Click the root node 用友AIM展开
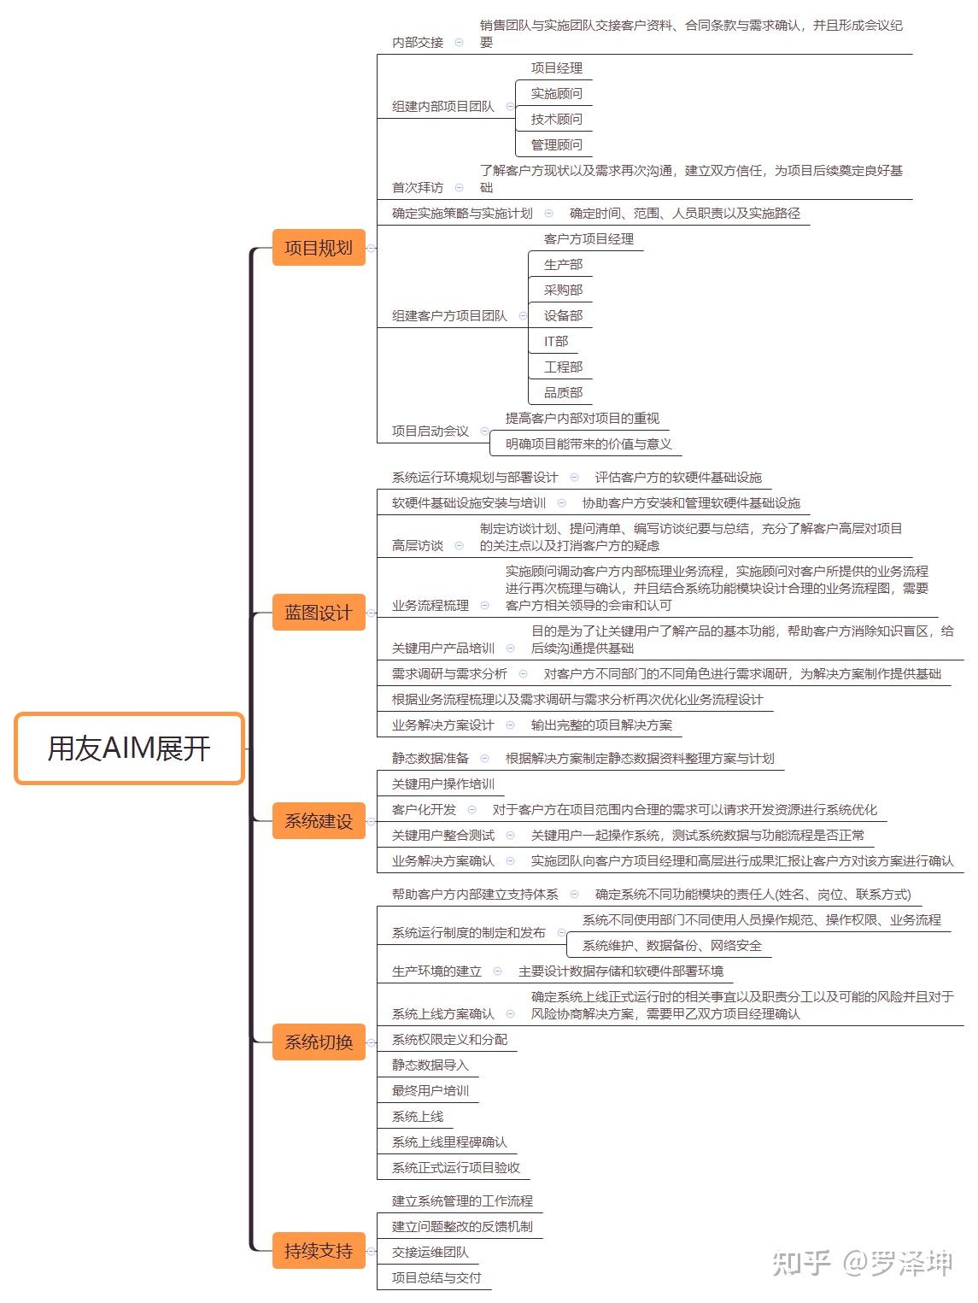tap(130, 748)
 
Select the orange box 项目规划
tap(319, 248)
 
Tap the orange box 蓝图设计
tap(319, 613)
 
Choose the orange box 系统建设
tap(319, 821)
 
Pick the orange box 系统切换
tap(319, 1042)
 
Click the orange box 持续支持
tap(319, 1251)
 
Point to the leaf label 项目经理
tap(556, 68)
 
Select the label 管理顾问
tap(556, 145)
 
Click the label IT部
tap(556, 342)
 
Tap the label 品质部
tap(563, 393)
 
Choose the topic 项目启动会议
tap(430, 431)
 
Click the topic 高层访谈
tap(418, 546)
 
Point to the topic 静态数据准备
tap(430, 759)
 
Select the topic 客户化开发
tap(424, 810)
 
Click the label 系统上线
tap(418, 1117)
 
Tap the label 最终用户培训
tap(430, 1091)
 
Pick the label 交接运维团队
tap(430, 1253)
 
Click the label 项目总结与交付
tap(436, 1278)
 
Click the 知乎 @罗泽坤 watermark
tap(862, 1263)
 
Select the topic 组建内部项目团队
tap(443, 107)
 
